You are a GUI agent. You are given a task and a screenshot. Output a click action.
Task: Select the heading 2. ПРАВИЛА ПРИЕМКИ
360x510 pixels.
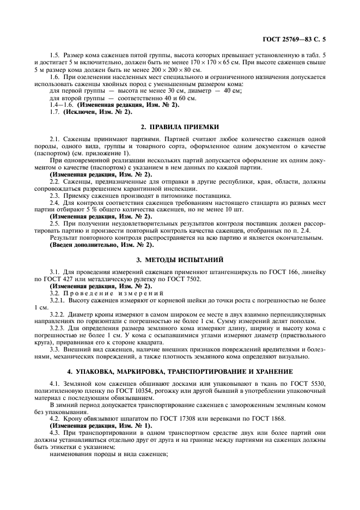[180, 126]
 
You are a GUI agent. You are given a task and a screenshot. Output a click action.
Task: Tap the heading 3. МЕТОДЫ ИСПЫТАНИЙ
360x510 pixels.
[180, 259]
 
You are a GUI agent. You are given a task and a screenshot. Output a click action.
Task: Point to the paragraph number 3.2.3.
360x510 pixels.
[57, 328]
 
